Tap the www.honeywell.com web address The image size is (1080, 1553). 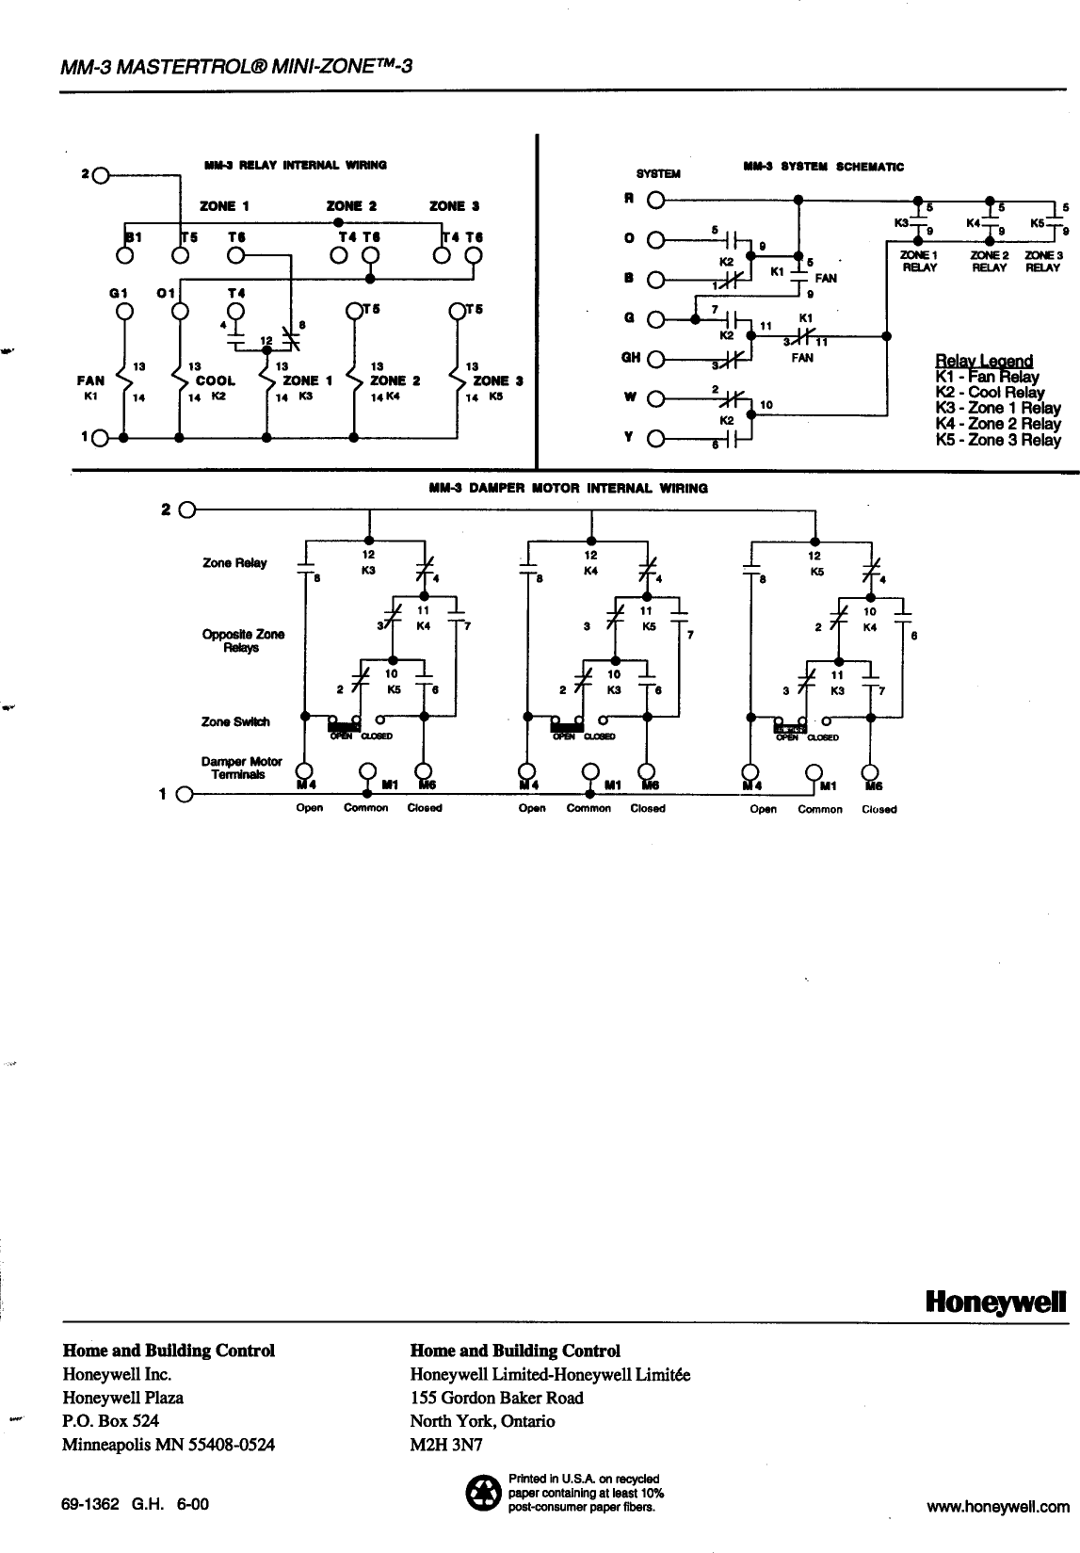[998, 1507]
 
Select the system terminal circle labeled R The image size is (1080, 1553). [656, 200]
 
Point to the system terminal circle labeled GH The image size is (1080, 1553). [656, 358]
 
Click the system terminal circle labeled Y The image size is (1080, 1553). [656, 438]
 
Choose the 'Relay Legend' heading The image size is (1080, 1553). [984, 361]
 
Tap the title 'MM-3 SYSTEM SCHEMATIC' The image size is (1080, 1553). [823, 167]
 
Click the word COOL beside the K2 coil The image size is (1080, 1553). [215, 381]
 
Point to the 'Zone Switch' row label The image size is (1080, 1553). [235, 722]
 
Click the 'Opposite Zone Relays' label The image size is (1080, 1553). [242, 641]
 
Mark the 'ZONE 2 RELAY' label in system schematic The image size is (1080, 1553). [988, 261]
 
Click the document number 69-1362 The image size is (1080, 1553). [90, 1505]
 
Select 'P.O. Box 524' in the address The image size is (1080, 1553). [111, 1421]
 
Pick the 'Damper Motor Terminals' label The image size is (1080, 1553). [242, 768]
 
